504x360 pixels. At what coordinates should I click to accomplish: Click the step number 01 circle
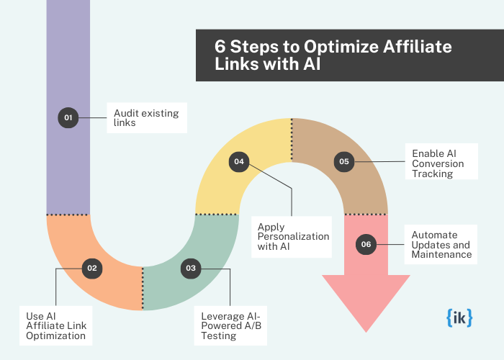pos(68,117)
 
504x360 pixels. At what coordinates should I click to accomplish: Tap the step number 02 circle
pos(92,268)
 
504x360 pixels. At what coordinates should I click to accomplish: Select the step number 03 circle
pos(190,268)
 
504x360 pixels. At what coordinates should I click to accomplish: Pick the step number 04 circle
pos(239,162)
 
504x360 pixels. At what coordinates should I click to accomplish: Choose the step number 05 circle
pos(344,162)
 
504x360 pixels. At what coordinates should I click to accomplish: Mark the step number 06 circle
pos(366,245)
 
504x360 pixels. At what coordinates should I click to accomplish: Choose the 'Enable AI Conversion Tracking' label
pos(438,163)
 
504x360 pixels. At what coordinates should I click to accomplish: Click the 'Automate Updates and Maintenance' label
pos(441,245)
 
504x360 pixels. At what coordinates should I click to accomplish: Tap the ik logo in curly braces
pos(459,318)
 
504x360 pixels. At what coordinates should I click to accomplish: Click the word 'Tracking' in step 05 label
pos(432,174)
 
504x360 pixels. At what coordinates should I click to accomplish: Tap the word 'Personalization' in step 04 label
pos(293,237)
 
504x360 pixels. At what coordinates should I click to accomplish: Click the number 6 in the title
pos(219,46)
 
